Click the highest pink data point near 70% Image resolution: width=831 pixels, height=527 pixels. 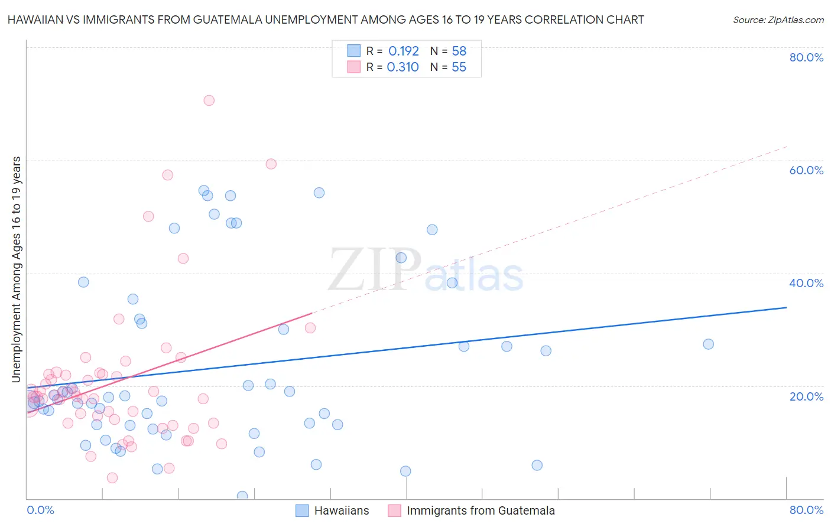tap(209, 100)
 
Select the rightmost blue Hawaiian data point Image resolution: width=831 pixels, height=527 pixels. tap(708, 344)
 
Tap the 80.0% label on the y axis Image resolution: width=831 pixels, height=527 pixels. tap(806, 57)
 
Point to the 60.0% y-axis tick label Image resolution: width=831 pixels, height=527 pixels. tap(806, 170)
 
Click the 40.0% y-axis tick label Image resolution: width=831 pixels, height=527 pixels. tap(806, 283)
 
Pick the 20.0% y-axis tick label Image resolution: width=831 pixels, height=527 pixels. tap(806, 396)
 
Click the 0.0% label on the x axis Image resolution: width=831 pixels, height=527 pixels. tap(40, 510)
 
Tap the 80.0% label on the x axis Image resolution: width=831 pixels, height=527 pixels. tap(806, 510)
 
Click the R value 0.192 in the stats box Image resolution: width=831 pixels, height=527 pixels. tap(404, 51)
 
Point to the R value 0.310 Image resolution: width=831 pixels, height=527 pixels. tap(403, 67)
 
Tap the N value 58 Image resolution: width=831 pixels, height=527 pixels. tap(459, 51)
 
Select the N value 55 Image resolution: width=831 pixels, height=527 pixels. tap(459, 67)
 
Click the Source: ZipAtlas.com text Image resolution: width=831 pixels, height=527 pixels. tap(778, 20)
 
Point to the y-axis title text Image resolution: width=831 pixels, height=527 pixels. tap(17, 269)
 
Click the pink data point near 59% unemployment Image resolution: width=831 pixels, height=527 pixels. tap(271, 164)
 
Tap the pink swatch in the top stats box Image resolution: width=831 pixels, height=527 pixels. tap(353, 67)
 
